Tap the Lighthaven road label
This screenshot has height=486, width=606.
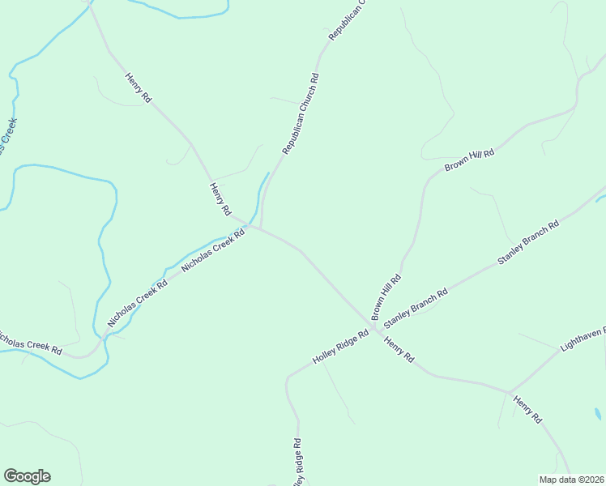(582, 341)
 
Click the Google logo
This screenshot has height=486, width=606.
(27, 476)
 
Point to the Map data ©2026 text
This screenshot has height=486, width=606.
(571, 480)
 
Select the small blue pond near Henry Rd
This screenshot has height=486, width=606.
(597, 414)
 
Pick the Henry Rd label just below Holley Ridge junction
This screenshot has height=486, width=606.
(399, 349)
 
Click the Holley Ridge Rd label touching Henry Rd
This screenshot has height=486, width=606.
(341, 347)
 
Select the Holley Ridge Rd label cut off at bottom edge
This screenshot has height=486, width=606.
(297, 464)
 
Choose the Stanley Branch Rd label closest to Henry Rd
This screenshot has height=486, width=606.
(416, 305)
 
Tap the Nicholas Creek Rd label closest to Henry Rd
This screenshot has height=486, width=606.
(213, 251)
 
